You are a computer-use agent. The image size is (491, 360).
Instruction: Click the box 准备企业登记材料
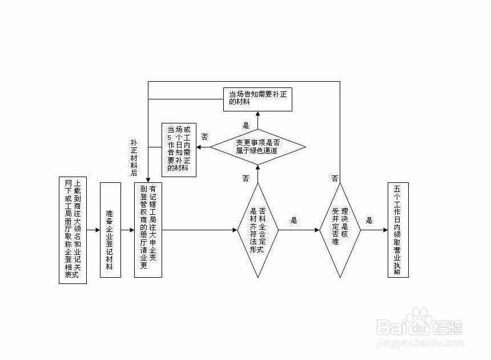tap(110, 230)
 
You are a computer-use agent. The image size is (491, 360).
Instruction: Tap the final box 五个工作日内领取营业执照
tap(398, 230)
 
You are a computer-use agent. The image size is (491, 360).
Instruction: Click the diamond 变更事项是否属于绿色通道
tap(257, 147)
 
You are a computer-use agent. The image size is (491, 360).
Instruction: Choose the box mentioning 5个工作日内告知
tap(178, 149)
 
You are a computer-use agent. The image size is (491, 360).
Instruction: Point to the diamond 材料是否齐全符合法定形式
tap(257, 230)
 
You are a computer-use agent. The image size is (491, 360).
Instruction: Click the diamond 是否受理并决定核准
tap(340, 230)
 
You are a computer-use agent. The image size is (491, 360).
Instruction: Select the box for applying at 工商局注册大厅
tap(148, 230)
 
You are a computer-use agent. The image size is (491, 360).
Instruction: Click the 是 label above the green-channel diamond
tap(246, 125)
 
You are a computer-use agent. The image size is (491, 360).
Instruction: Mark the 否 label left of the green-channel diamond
tap(204, 137)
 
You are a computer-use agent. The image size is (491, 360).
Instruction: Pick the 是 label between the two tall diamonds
tap(295, 220)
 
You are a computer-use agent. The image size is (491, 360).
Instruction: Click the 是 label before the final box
tap(369, 220)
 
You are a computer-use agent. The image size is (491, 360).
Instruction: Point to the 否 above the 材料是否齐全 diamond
tap(246, 178)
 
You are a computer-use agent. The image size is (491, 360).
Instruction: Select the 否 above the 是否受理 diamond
tap(335, 178)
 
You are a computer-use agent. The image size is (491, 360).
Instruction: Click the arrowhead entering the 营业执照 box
tap(384, 230)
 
